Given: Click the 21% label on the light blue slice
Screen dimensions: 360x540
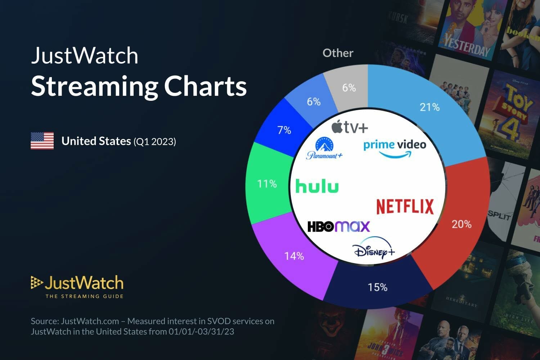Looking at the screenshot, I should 429,107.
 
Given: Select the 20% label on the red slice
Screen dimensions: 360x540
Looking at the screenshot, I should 461,224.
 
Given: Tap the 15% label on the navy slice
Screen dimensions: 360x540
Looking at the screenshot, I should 377,287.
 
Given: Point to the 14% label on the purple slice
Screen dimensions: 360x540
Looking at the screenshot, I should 294,256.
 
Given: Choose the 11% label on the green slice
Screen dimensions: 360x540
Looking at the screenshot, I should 267,184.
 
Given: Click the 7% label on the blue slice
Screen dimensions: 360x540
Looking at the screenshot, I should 284,130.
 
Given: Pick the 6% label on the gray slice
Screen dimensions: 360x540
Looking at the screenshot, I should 349,87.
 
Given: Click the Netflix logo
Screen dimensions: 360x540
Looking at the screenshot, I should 405,207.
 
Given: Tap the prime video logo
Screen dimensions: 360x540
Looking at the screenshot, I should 395,148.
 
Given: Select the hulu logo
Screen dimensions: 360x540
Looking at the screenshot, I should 317,186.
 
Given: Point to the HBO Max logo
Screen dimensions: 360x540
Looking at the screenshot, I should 338,226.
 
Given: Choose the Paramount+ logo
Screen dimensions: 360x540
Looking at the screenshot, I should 324,148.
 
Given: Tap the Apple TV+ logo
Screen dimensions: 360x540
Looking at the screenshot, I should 350,127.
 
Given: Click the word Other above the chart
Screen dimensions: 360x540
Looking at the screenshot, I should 338,53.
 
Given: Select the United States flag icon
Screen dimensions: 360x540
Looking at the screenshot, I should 42,141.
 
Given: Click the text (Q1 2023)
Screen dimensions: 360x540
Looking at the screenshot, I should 155,141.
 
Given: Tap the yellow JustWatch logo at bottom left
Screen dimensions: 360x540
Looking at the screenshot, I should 77,287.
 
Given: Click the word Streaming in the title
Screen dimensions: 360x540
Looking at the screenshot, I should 94,86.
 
